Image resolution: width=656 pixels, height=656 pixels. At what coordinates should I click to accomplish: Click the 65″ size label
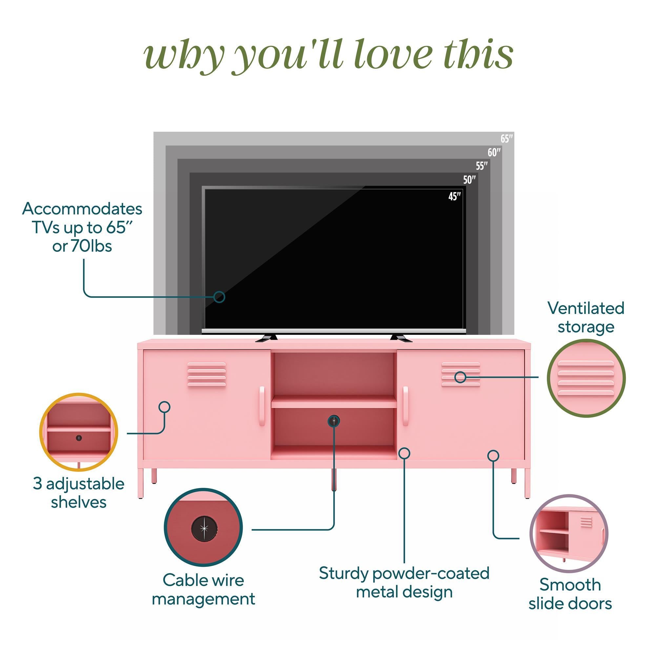point(506,138)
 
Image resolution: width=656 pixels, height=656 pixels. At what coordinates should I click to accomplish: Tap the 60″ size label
point(494,153)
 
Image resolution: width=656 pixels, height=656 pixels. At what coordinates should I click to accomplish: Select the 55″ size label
point(482,166)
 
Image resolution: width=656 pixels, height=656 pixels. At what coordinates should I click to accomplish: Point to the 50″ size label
point(469,180)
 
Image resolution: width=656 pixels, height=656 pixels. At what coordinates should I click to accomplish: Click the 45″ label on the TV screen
point(455,196)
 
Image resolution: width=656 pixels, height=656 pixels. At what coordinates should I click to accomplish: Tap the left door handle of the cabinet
point(262,406)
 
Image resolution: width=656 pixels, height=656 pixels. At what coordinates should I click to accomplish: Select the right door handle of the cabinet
point(405,406)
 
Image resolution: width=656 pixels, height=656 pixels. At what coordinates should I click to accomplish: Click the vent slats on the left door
point(206,374)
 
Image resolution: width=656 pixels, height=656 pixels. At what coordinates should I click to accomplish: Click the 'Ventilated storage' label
point(586,318)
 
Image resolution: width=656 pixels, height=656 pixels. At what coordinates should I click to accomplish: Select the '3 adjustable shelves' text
point(79,493)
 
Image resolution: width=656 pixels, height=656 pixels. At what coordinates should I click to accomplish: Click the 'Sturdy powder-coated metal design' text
point(404,582)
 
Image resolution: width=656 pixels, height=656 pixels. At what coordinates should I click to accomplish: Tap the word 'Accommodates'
point(82,209)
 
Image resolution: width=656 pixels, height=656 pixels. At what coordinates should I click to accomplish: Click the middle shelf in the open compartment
point(334,403)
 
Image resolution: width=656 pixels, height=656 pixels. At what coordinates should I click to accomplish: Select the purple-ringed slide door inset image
point(569,534)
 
